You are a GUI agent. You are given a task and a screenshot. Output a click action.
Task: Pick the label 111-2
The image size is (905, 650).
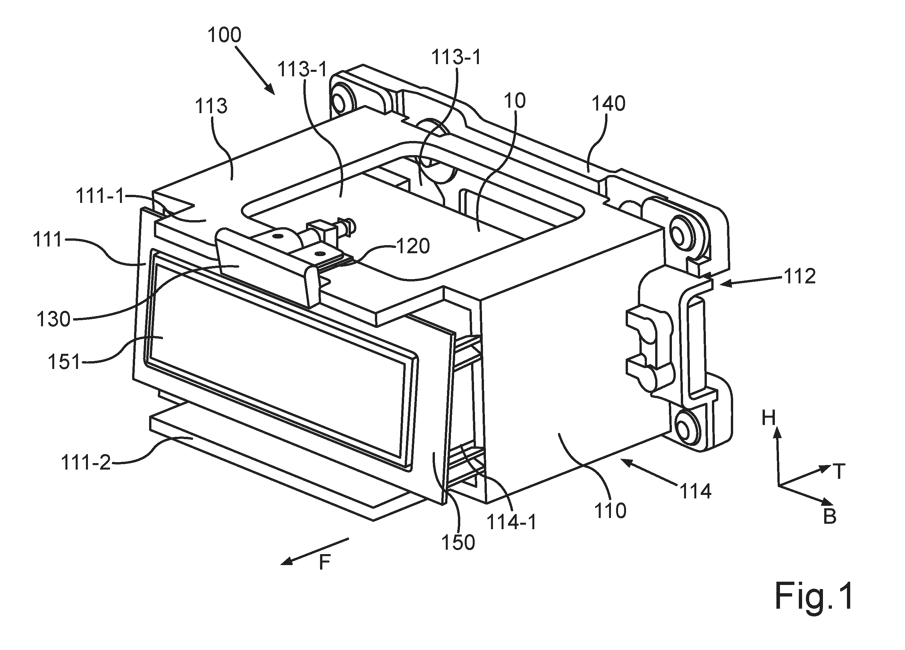click(86, 463)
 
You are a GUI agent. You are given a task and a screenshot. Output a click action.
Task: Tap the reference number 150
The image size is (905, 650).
click(459, 542)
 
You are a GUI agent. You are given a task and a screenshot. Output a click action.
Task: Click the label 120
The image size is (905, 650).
click(413, 246)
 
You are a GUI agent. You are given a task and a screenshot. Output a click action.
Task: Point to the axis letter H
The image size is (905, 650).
click(768, 418)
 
